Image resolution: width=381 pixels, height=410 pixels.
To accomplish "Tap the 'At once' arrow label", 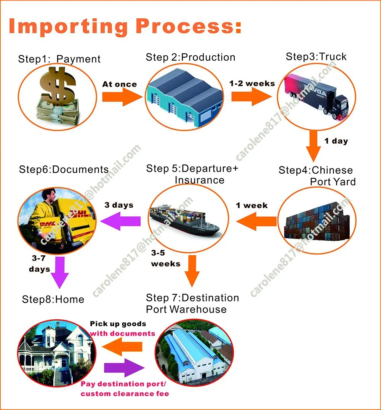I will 120,84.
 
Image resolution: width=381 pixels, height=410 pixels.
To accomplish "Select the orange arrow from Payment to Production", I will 121,98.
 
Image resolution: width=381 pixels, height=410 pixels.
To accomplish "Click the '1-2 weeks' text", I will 252,83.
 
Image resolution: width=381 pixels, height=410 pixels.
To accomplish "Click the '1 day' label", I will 336,141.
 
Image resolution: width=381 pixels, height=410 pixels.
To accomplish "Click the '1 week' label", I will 252,206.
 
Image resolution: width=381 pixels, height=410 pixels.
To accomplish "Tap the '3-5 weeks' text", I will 165,258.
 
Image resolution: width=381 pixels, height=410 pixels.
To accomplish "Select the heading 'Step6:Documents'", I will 64,170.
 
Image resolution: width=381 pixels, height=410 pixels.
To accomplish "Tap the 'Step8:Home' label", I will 53,299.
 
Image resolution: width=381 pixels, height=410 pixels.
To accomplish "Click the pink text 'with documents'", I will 122,333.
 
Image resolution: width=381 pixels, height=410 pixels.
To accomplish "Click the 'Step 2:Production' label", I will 190,57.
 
